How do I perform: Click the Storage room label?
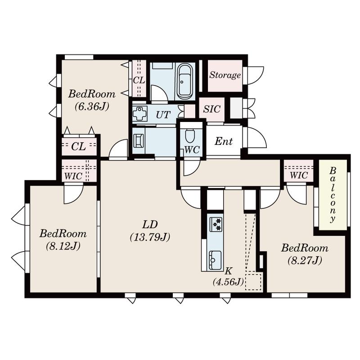tap(225, 75)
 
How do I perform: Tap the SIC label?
tap(211, 109)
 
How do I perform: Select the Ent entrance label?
tap(224, 141)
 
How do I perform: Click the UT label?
tap(163, 115)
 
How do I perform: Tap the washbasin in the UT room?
tap(139, 113)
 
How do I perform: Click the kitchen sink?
tap(216, 260)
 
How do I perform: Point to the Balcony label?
tap(333, 195)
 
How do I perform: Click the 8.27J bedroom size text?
tap(305, 261)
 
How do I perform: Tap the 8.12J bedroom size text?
tap(63, 246)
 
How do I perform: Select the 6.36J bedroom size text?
tap(92, 107)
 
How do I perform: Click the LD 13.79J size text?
tap(150, 237)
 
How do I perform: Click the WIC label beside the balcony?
tap(299, 175)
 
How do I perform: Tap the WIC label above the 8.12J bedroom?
tap(73, 176)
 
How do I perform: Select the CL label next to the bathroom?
tap(139, 81)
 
